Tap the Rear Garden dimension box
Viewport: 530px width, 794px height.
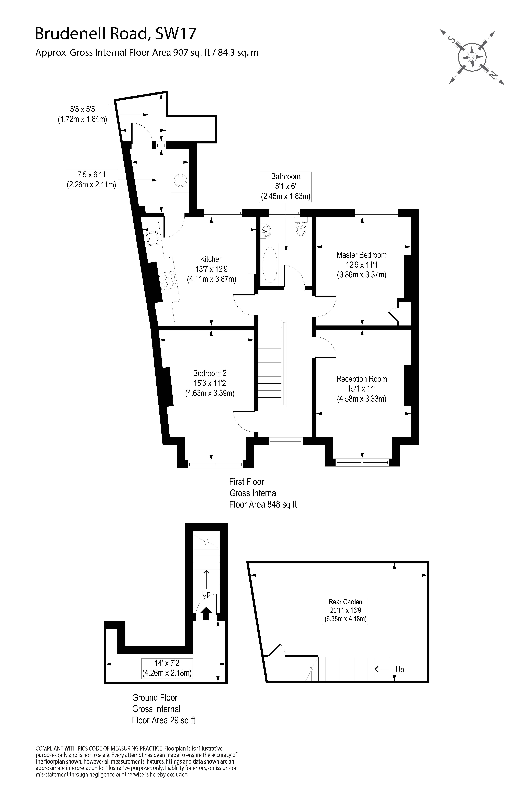tap(345, 610)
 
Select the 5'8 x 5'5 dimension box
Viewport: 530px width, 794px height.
tap(82, 114)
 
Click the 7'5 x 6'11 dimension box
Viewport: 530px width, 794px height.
tap(92, 180)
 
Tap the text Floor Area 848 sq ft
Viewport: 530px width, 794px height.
tap(263, 504)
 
